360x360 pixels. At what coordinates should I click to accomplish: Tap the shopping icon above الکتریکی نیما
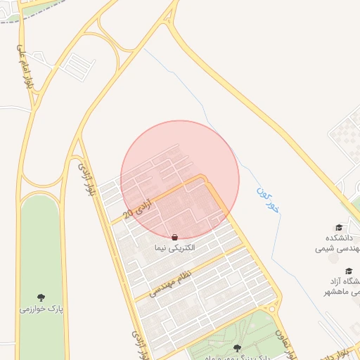[174, 237]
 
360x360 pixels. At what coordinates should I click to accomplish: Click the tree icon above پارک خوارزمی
[40, 298]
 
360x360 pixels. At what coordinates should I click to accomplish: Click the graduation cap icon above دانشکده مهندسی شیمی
[340, 227]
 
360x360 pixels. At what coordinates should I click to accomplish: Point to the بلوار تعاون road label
[282, 341]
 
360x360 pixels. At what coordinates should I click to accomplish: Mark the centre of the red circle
[180, 179]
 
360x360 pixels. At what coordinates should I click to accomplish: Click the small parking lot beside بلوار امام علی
[77, 65]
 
